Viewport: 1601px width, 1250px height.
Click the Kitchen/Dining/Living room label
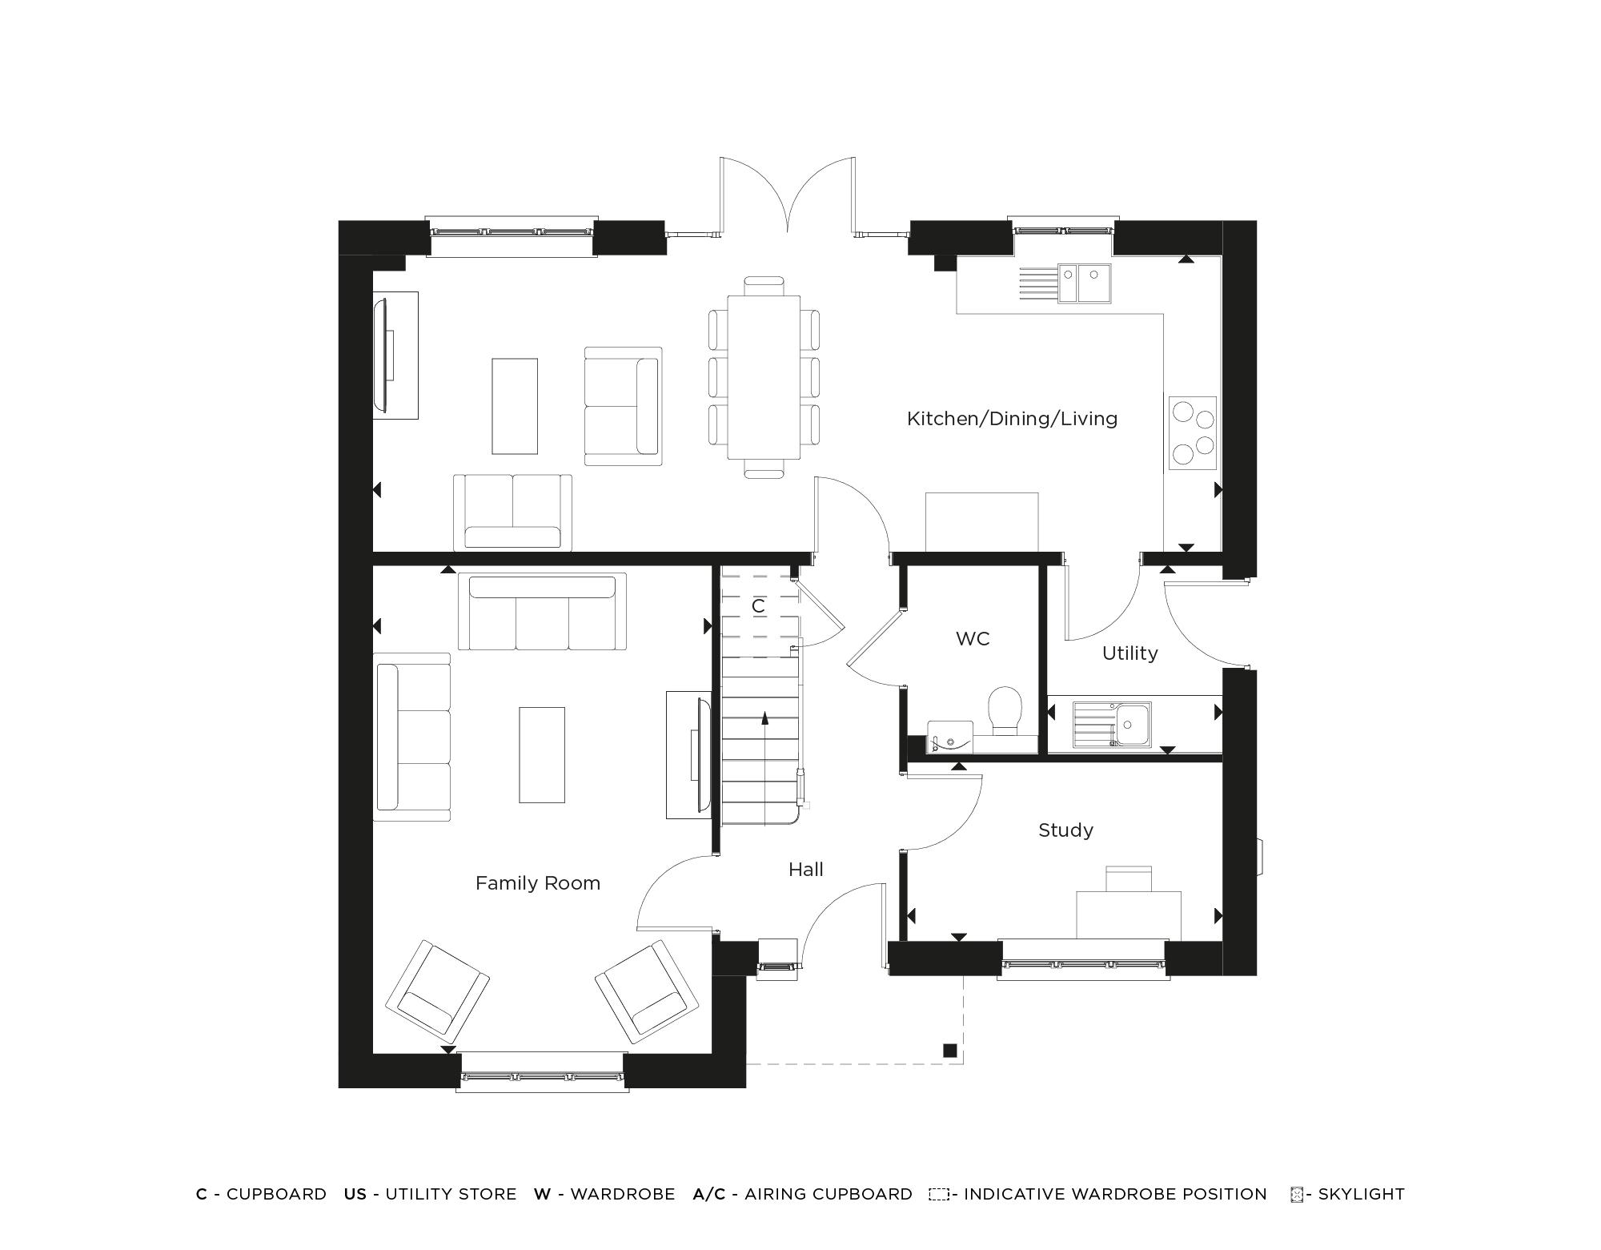click(x=1012, y=418)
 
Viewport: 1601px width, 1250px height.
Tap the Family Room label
click(x=538, y=882)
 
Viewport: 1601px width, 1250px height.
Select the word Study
click(x=1065, y=830)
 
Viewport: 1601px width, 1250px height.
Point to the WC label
click(x=973, y=638)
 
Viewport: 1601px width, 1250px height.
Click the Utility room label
click(x=1130, y=653)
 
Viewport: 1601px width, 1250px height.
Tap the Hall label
click(x=805, y=869)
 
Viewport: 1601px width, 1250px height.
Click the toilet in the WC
click(x=1005, y=710)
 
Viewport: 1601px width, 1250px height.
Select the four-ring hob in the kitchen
click(x=1193, y=432)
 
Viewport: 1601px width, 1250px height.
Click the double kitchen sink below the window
click(x=1085, y=283)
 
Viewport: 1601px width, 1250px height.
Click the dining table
click(x=764, y=376)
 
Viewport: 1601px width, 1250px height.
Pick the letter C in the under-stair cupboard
click(x=758, y=606)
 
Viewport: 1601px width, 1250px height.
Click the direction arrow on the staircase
click(x=764, y=718)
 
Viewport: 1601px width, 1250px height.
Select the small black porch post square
click(x=950, y=1051)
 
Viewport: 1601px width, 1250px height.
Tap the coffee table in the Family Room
click(x=542, y=754)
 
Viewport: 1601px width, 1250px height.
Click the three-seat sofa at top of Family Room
click(x=542, y=612)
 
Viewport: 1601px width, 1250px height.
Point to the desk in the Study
click(x=1128, y=914)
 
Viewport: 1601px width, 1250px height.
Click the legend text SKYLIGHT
click(x=1361, y=1194)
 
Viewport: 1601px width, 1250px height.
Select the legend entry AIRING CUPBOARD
click(x=828, y=1194)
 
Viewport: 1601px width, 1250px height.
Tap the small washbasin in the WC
click(x=949, y=737)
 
